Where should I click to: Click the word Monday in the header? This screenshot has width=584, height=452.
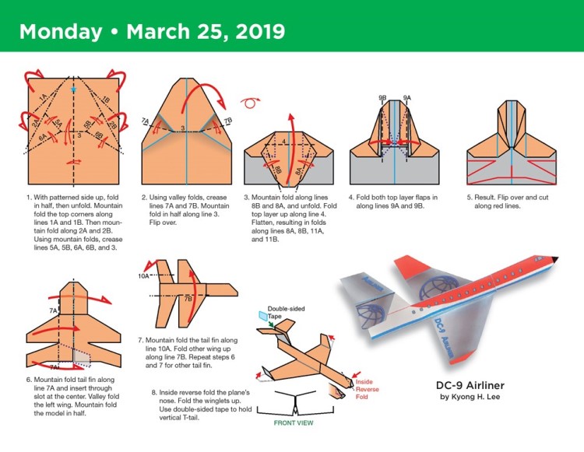point(60,32)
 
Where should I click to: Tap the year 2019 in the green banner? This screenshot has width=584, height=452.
point(254,32)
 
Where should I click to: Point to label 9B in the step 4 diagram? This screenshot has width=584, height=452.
point(382,97)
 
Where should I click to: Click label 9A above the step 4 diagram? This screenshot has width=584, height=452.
point(406,97)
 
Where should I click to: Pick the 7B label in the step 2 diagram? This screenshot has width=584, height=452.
point(227,121)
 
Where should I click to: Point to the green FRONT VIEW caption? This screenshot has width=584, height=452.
point(294,425)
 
